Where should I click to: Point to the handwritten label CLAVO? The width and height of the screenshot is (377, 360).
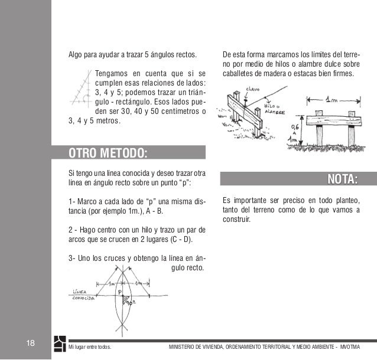pyautogui.click(x=252, y=91)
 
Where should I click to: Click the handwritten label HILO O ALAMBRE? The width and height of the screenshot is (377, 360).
pyautogui.click(x=274, y=109)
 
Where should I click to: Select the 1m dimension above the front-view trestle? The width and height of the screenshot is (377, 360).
pyautogui.click(x=332, y=102)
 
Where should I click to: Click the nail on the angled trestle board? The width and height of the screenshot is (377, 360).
pyautogui.click(x=243, y=101)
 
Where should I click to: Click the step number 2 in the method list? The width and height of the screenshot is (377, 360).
pyautogui.click(x=71, y=230)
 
